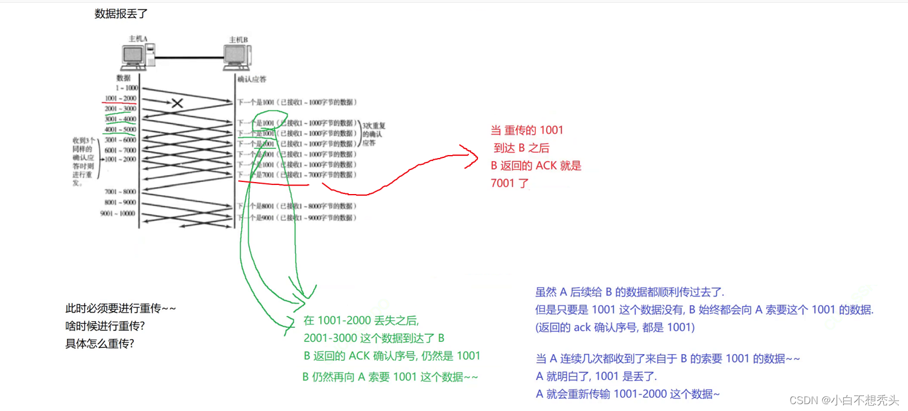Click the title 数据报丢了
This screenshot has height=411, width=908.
coord(121,14)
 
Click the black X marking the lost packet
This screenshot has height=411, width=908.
coord(177,103)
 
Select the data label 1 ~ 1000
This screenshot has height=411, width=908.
coord(127,88)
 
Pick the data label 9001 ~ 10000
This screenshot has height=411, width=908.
coord(118,214)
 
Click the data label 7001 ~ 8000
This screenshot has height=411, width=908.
coord(120,192)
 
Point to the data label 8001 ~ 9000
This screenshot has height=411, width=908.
coord(120,203)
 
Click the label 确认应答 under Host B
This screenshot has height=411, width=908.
coord(252,79)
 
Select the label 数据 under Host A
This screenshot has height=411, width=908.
coord(124,78)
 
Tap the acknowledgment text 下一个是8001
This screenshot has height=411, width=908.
coord(297,206)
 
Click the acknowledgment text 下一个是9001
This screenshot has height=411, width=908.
coord(297,218)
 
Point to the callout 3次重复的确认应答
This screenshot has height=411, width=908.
coord(373,134)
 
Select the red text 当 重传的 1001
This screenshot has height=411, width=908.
coord(527,131)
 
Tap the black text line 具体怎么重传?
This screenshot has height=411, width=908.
coord(100,343)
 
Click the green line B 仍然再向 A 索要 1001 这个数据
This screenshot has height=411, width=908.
coord(390,377)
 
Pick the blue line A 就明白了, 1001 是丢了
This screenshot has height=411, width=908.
coord(596,376)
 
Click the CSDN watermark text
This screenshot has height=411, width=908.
coord(844,400)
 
